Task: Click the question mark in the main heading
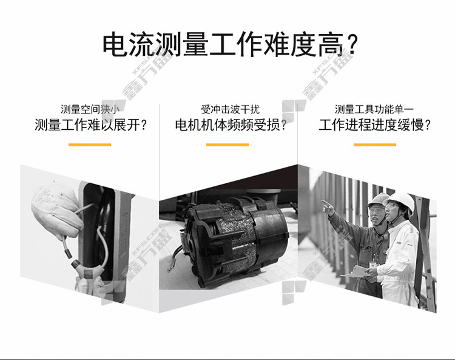point(352,45)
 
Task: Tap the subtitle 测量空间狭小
point(90,109)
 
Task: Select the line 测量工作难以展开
point(90,125)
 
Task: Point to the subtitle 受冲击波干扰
point(230,109)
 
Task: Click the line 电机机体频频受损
point(231,125)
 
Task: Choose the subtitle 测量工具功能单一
point(374,109)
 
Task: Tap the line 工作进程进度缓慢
point(375,125)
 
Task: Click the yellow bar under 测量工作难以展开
point(90,144)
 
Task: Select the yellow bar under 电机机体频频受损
point(227,144)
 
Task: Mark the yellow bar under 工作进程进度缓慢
point(375,144)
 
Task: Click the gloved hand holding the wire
point(55,208)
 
